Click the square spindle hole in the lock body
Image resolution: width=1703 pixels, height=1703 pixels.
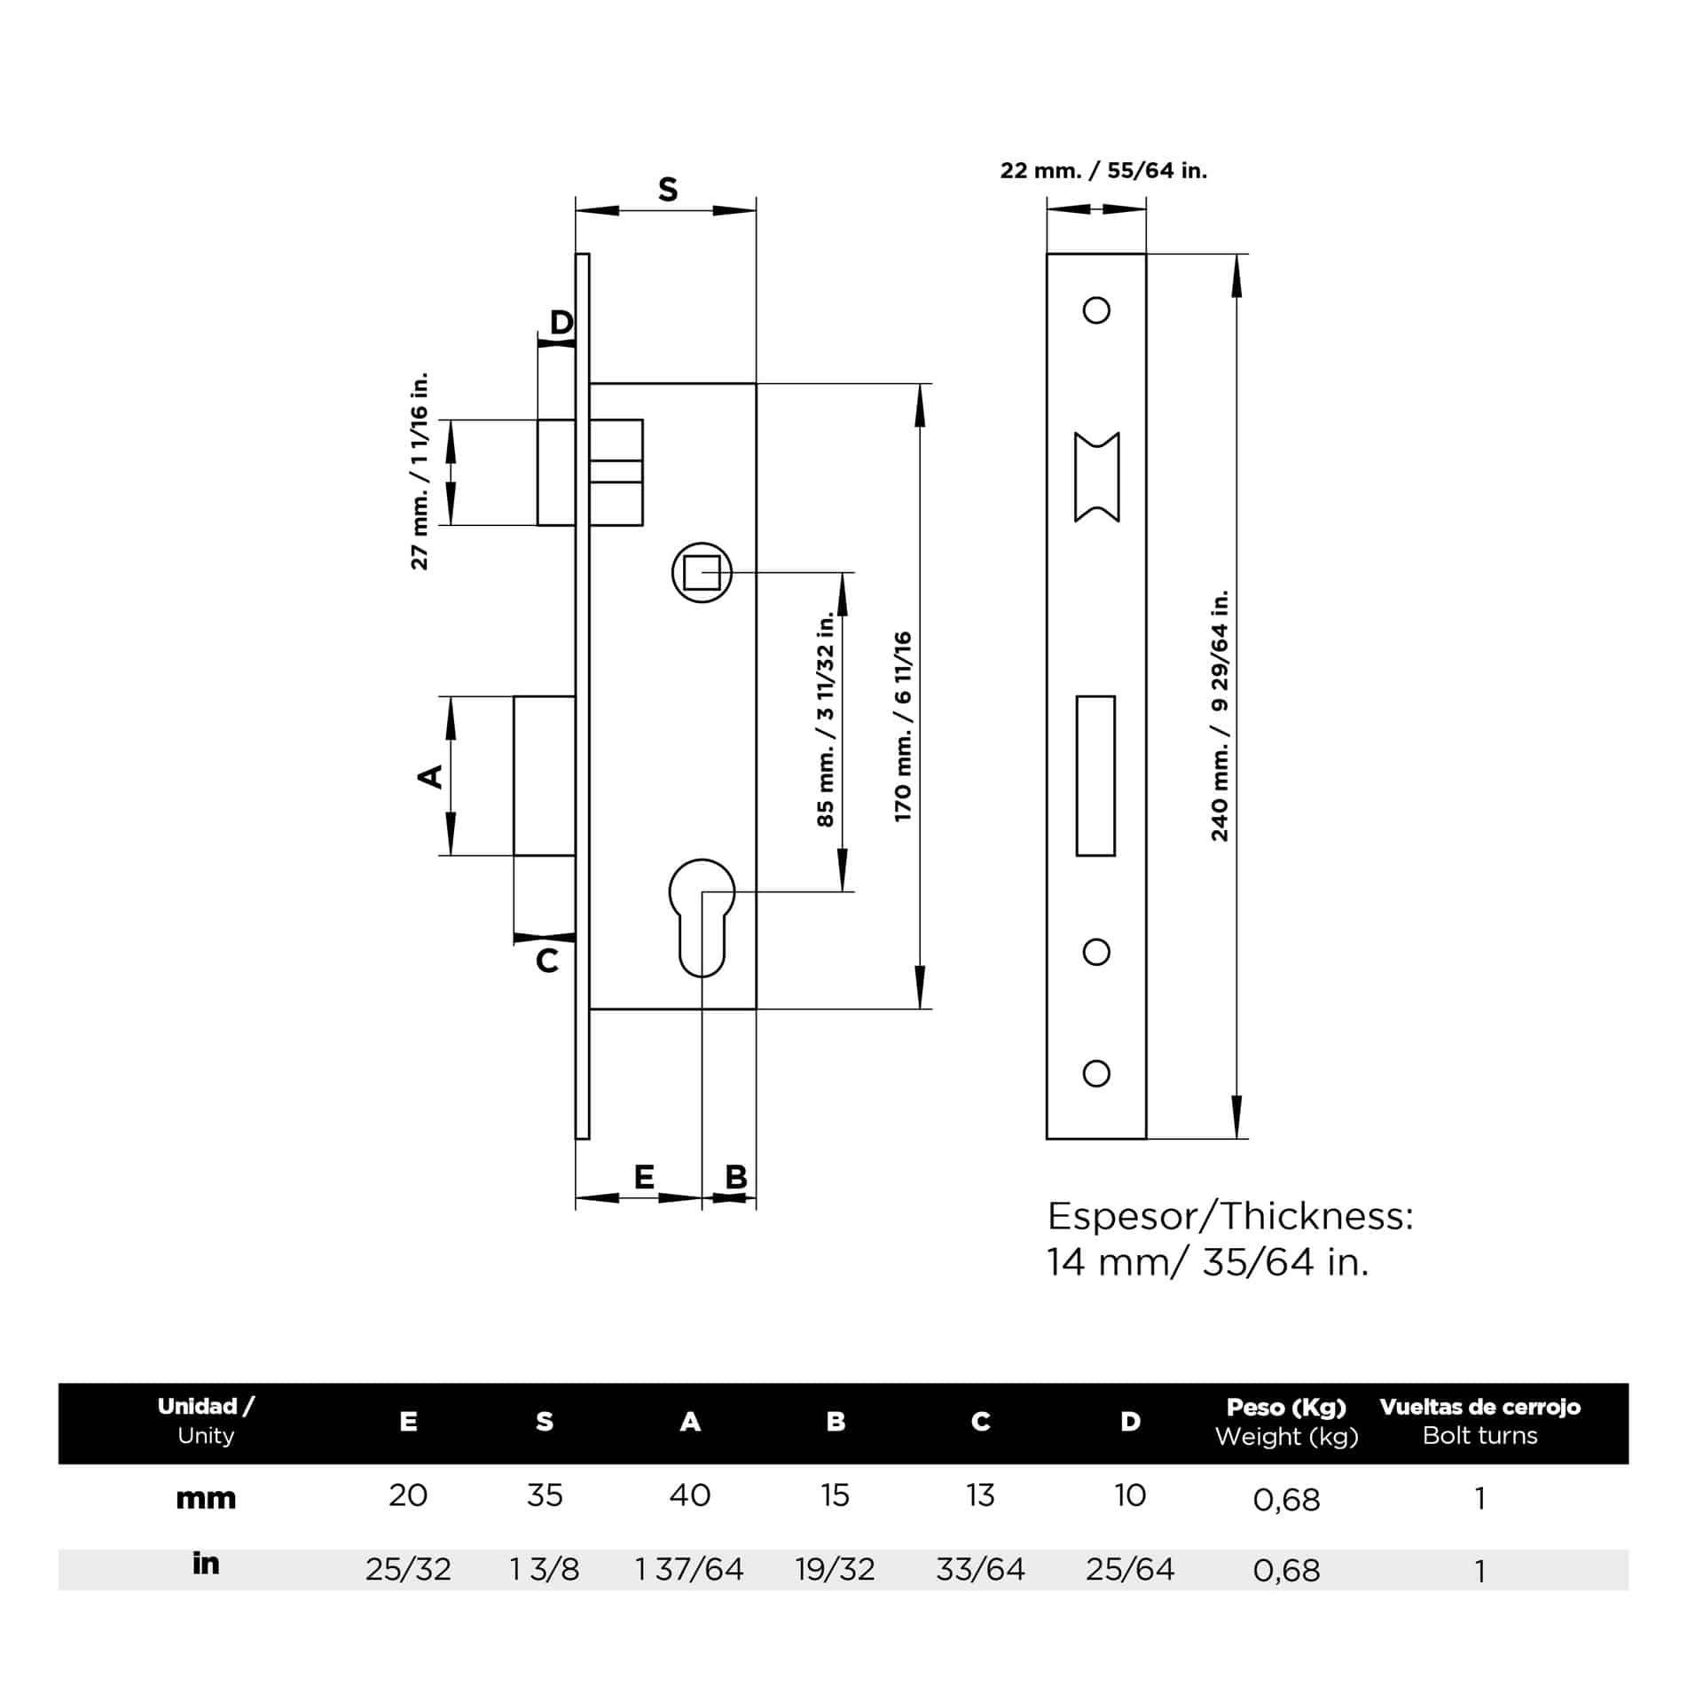pyautogui.click(x=702, y=572)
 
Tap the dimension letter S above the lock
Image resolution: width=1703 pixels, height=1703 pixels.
pyautogui.click(x=668, y=190)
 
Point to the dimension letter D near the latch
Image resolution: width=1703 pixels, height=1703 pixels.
pyautogui.click(x=561, y=322)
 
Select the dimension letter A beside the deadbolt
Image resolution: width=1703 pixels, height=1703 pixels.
pyautogui.click(x=431, y=776)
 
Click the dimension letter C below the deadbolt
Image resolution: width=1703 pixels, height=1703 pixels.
pyautogui.click(x=547, y=961)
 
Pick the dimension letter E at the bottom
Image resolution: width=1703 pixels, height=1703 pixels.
pyautogui.click(x=644, y=1177)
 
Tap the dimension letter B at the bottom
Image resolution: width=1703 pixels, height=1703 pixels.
pyautogui.click(x=736, y=1177)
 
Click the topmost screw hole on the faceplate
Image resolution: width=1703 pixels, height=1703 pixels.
pyautogui.click(x=1096, y=310)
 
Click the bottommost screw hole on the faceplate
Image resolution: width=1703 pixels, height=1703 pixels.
pyautogui.click(x=1096, y=1073)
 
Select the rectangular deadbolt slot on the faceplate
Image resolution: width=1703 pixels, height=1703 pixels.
pyautogui.click(x=1095, y=775)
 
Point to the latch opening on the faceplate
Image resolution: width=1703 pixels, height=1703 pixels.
pyautogui.click(x=1096, y=477)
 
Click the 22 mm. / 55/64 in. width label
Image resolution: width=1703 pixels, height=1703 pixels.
pyautogui.click(x=1103, y=170)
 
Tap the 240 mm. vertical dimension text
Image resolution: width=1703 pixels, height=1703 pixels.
pyautogui.click(x=1220, y=714)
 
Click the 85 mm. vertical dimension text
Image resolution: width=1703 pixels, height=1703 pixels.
pyautogui.click(x=826, y=718)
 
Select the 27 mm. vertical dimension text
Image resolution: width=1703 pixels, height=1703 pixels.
pyautogui.click(x=420, y=471)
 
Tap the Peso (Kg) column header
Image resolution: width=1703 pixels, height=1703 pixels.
pyautogui.click(x=1286, y=1408)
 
